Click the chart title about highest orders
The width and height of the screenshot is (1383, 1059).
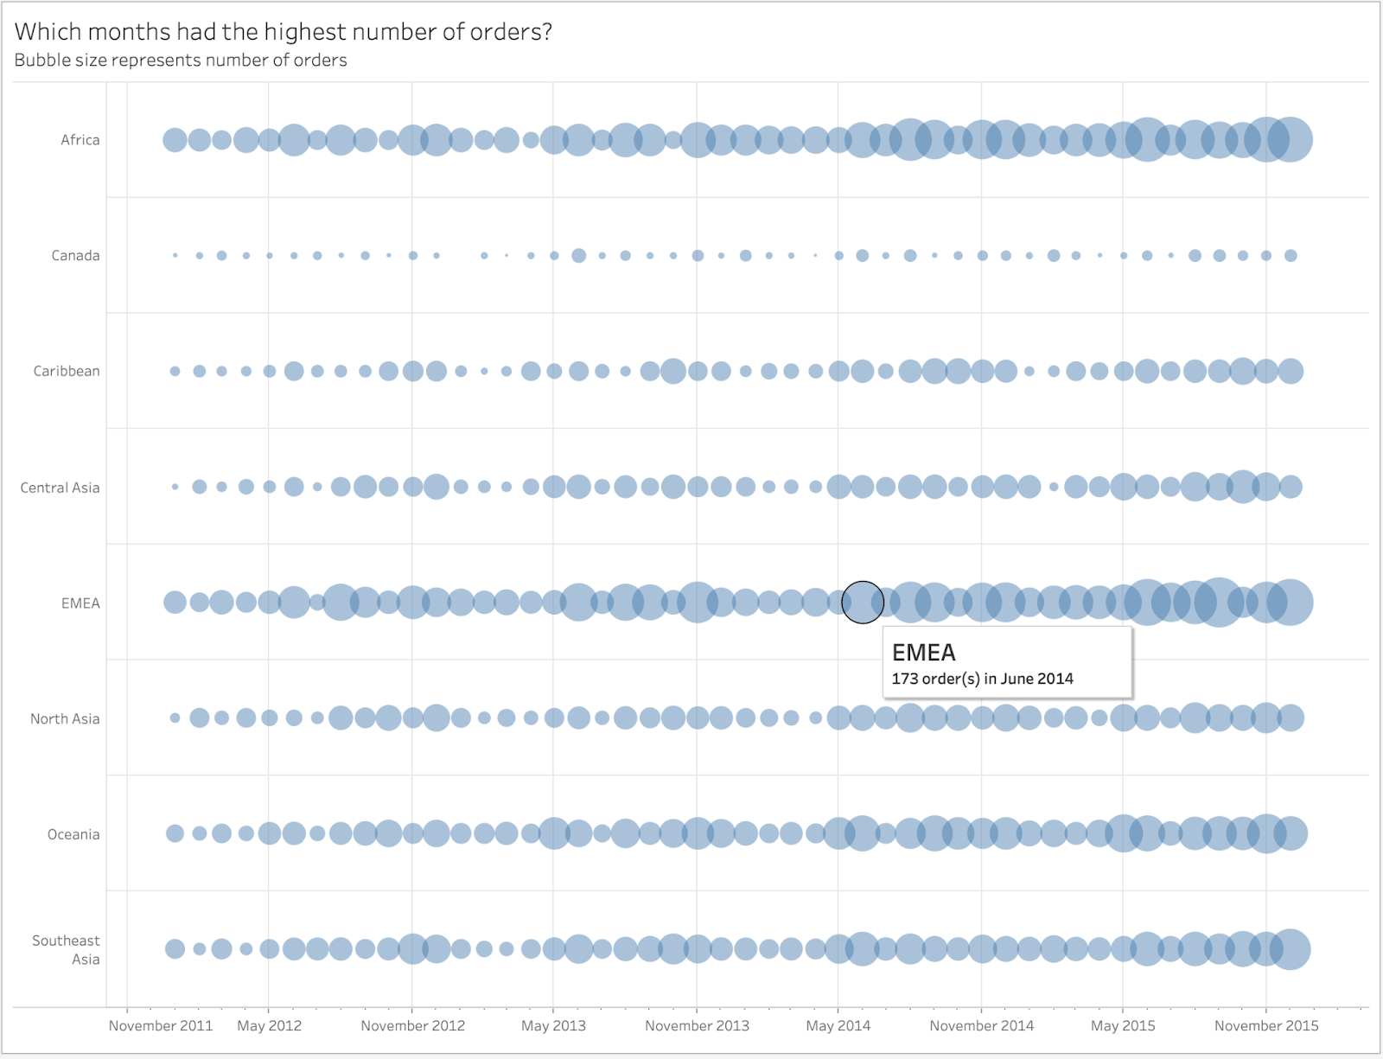tap(283, 32)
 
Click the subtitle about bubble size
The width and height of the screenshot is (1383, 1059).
tap(181, 61)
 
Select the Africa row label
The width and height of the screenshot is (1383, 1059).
tap(80, 140)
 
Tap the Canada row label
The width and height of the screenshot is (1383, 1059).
tap(75, 256)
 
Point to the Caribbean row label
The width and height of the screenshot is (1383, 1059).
tap(67, 372)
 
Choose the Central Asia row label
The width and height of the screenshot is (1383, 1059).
tap(60, 488)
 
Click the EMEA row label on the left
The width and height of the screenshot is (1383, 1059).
tap(80, 603)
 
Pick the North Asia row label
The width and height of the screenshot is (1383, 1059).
tap(65, 719)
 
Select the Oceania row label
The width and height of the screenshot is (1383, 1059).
tap(73, 835)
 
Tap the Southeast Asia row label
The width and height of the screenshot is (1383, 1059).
tap(67, 950)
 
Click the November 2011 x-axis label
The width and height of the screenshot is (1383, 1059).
tap(161, 1026)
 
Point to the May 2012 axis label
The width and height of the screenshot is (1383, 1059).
tap(269, 1026)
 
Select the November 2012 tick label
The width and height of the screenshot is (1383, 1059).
tap(412, 1026)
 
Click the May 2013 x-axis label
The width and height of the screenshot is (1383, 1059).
tap(553, 1026)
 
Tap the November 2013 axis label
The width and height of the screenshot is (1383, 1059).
tap(697, 1026)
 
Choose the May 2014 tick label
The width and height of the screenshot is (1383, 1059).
tap(838, 1026)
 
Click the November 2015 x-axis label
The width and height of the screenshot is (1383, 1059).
tap(1266, 1026)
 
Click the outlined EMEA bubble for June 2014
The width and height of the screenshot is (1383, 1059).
tap(863, 603)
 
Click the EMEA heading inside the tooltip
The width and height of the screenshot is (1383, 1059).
tap(923, 653)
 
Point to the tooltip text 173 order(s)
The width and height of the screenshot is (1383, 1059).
tap(935, 679)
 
